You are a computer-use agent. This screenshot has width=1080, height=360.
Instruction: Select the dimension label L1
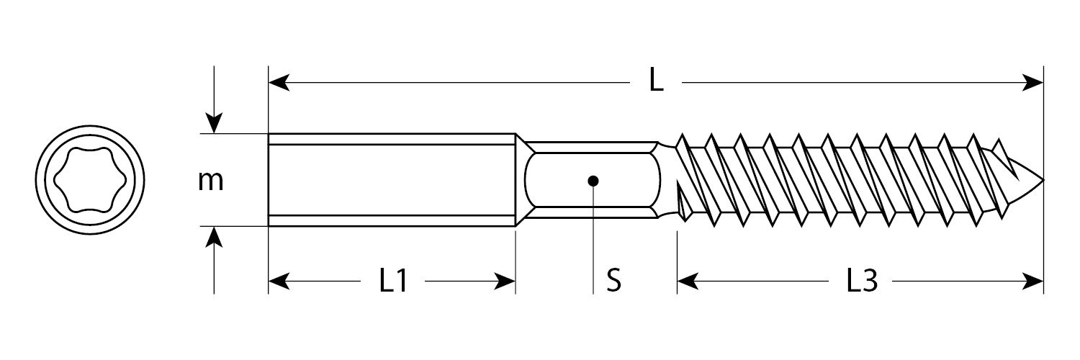(x=394, y=282)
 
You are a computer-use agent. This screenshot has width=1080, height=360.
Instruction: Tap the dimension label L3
(x=861, y=282)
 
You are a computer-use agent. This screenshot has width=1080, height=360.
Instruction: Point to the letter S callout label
(x=613, y=282)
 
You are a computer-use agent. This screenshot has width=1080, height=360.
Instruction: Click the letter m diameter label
(x=211, y=181)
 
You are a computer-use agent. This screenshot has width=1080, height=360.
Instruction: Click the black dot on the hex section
(x=593, y=180)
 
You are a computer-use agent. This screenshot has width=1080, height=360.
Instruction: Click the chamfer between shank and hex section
(x=522, y=180)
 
